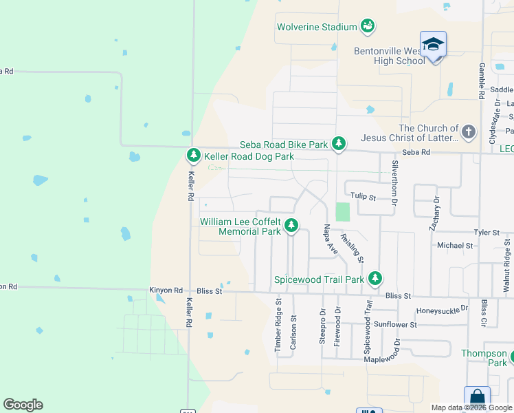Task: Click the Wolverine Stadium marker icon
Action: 368,26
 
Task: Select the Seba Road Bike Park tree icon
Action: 339,143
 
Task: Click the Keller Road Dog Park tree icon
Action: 194,156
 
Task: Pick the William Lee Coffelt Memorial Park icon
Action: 291,225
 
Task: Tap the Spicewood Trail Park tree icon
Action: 375,279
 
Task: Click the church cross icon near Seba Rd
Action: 468,131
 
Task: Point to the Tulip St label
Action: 363,197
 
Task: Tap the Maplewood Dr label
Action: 387,359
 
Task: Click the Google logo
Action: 23,405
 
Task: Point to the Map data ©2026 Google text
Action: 471,407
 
